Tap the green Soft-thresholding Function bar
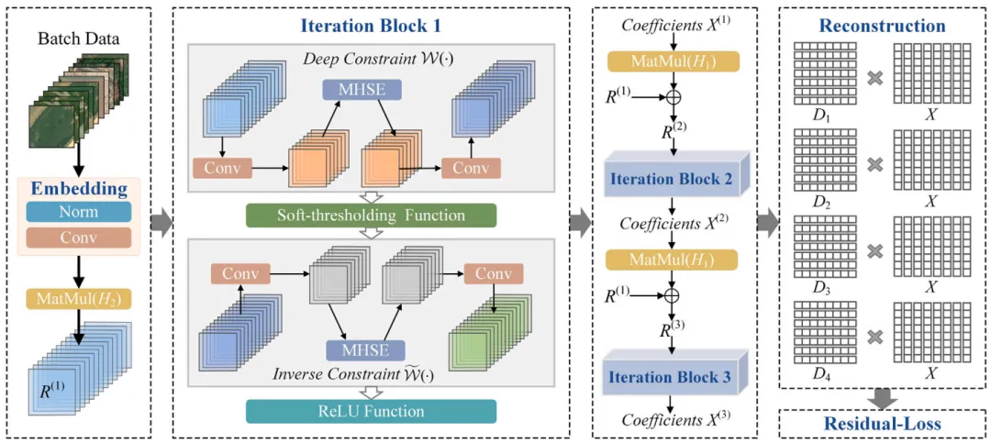[371, 216]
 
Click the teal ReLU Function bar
[371, 411]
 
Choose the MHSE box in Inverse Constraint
[353, 349]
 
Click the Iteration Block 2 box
[674, 178]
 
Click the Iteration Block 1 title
[371, 26]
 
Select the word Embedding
[80, 189]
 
